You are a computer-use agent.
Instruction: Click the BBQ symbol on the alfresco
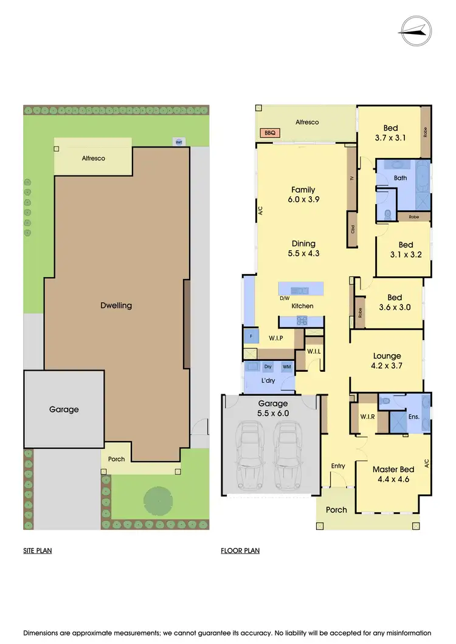268,132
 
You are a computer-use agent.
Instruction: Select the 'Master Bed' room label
393,470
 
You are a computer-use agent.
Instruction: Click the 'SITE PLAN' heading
38,551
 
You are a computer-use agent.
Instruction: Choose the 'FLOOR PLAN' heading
240,551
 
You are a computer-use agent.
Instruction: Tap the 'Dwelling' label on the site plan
116,306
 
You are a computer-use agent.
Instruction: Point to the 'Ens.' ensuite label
413,417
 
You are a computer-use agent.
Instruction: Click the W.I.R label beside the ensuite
367,417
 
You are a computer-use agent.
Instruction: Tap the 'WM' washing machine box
286,366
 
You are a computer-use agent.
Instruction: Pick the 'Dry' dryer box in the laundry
268,366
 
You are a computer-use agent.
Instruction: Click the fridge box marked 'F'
250,335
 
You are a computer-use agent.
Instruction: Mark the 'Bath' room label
400,178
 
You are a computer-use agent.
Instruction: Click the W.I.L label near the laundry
314,351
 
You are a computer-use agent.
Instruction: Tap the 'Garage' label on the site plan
64,409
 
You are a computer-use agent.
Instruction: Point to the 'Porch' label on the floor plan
336,510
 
